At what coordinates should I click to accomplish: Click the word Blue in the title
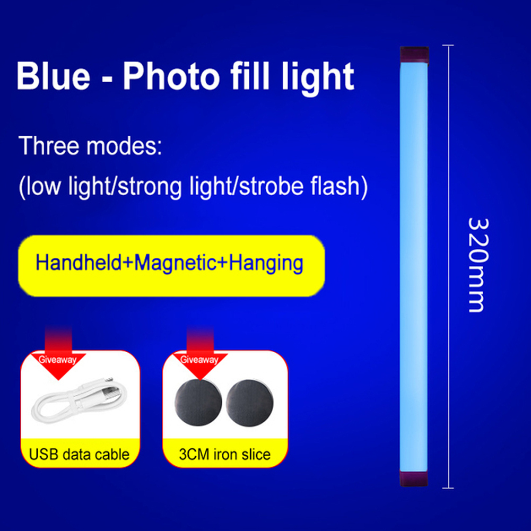coord(53,76)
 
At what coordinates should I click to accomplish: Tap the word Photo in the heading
coord(171,76)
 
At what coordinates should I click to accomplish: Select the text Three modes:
coord(90,146)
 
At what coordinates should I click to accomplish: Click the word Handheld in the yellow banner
coord(79,263)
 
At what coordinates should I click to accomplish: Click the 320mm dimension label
coord(478,265)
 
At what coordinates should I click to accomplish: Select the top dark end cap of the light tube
coord(414,55)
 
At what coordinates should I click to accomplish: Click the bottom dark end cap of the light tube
coord(414,478)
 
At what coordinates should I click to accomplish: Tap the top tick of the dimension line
coord(448,45)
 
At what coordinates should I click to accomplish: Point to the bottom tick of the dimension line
coord(448,488)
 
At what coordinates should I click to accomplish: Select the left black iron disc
coord(198,403)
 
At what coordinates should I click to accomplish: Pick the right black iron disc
coord(249,403)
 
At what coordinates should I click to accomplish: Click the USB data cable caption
coord(79,455)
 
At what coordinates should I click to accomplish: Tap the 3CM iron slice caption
coord(224,455)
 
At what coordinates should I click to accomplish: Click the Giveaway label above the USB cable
coord(58,360)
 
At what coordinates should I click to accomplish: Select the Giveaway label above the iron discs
coord(199,360)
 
